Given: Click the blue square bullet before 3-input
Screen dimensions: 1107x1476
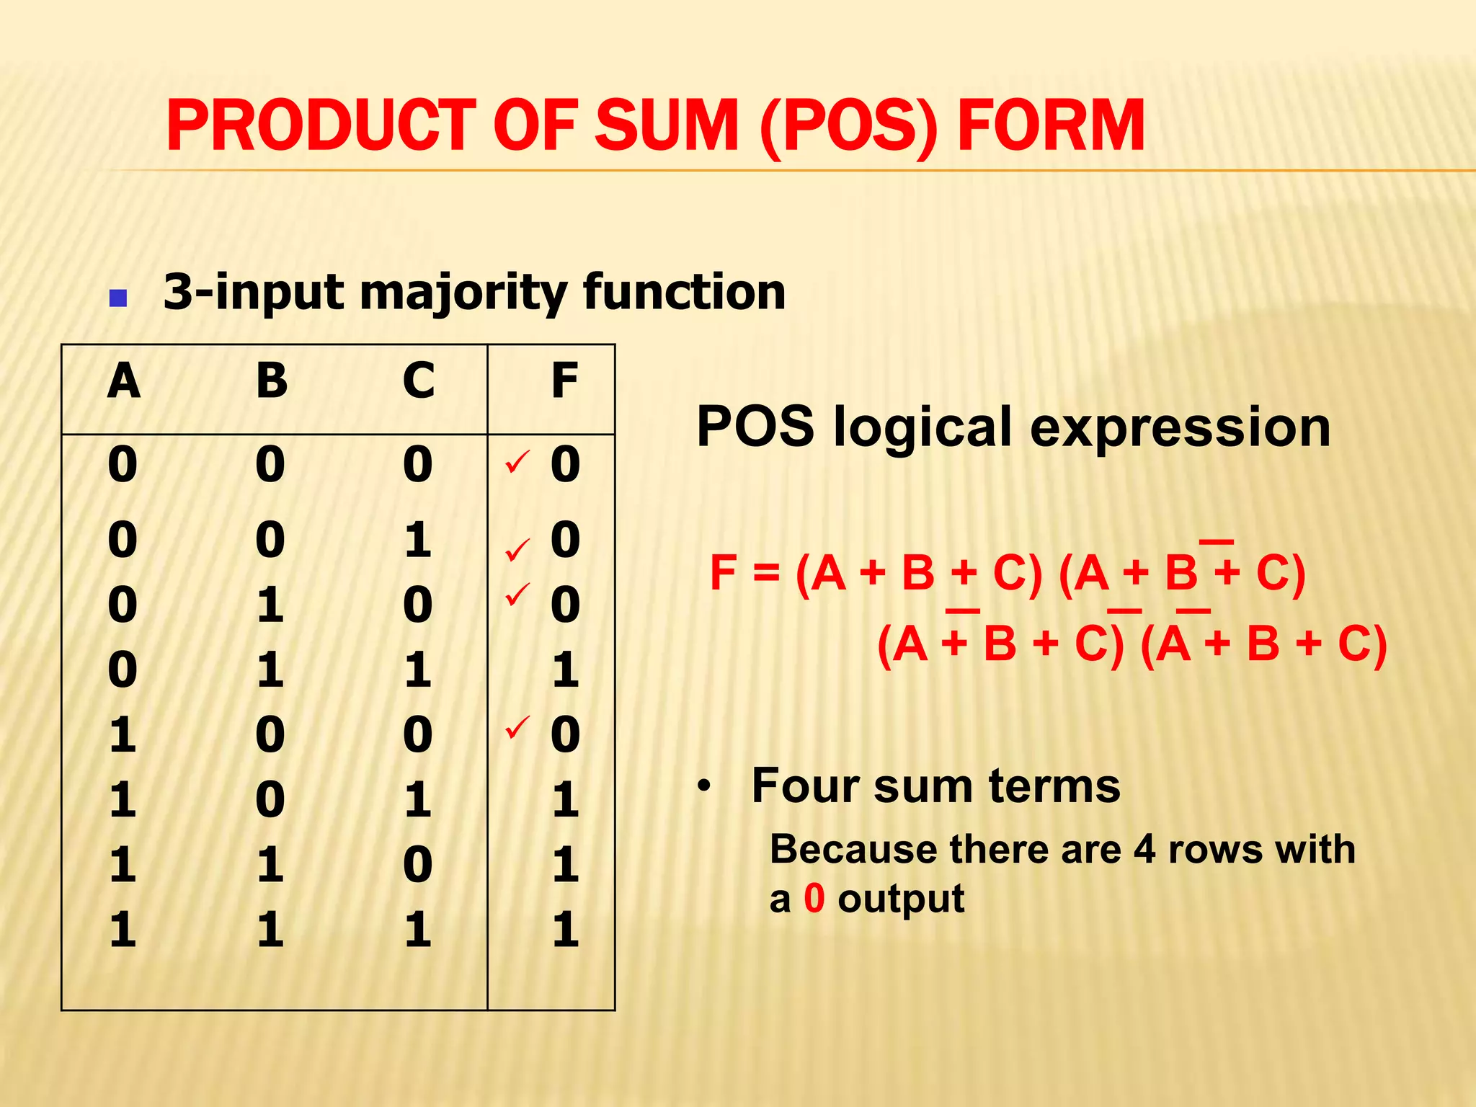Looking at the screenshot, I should pyautogui.click(x=117, y=298).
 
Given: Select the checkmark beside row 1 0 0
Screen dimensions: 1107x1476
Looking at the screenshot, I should pyautogui.click(x=517, y=727).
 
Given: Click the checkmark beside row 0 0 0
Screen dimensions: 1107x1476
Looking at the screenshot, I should pyautogui.click(x=517, y=462).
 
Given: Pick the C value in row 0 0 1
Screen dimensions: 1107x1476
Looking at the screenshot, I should pyautogui.click(x=418, y=540).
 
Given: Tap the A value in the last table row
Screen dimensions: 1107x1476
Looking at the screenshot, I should pyautogui.click(x=123, y=929).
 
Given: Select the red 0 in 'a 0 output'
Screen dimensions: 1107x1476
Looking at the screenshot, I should pyautogui.click(x=814, y=899).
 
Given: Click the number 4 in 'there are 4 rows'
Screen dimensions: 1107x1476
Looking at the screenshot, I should pyautogui.click(x=1145, y=850).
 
